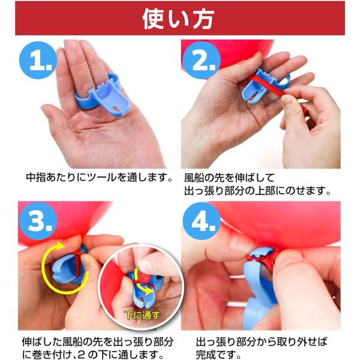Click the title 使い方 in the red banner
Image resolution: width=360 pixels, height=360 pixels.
coord(178,19)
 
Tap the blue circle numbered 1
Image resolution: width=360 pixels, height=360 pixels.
coord(38,60)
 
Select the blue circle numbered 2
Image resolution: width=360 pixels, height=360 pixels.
coord(201,60)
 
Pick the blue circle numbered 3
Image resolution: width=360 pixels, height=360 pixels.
coord(38,221)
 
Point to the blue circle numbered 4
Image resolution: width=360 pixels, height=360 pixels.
coord(202,221)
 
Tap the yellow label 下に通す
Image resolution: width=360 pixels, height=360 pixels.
coord(142,315)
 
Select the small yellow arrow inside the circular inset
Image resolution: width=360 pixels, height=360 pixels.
coord(142,284)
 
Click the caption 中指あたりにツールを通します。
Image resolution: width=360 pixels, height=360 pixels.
coord(99,177)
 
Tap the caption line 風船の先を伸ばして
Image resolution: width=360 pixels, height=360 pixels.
coord(230,178)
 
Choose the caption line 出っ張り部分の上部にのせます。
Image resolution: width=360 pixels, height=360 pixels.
coord(257,190)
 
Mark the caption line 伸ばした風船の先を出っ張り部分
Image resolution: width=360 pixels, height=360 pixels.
coord(98,342)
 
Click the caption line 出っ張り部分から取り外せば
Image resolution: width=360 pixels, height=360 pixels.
coord(262,342)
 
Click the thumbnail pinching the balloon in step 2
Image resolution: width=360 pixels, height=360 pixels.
coord(289,101)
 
